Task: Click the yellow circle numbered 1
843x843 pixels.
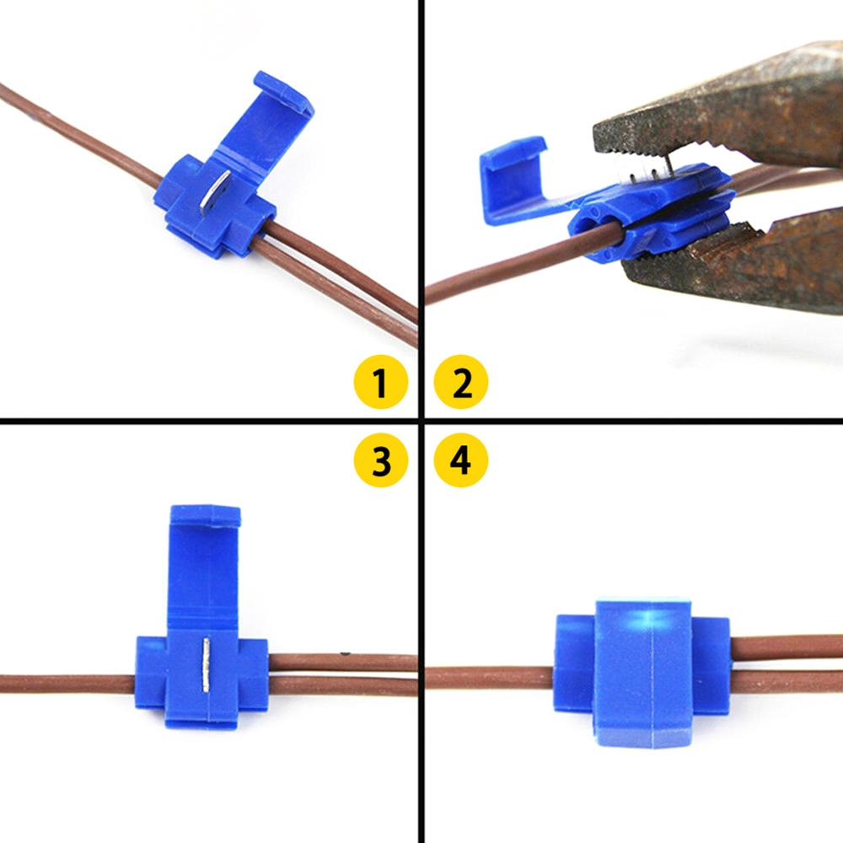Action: (x=379, y=384)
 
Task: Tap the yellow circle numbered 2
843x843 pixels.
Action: (x=461, y=384)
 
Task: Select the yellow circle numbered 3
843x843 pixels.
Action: (x=381, y=460)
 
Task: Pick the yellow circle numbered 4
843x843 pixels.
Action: (x=461, y=460)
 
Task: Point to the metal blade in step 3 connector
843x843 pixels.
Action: (x=207, y=664)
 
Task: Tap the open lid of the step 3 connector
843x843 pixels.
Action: (x=205, y=556)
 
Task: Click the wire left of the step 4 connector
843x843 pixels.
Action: (x=489, y=676)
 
